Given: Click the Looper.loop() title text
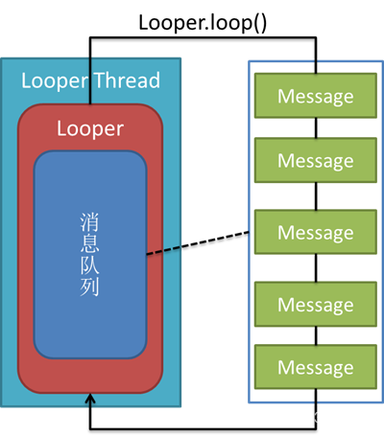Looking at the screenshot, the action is pyautogui.click(x=203, y=24).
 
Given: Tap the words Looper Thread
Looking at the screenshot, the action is pyautogui.click(x=90, y=80).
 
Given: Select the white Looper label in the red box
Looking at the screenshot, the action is pyautogui.click(x=90, y=129).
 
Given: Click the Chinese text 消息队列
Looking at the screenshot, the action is pyautogui.click(x=89, y=255).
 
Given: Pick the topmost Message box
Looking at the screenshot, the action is pyautogui.click(x=316, y=96).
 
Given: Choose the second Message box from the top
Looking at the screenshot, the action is pyautogui.click(x=316, y=160).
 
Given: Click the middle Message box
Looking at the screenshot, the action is pyautogui.click(x=316, y=232).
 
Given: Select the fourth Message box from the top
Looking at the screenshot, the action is pyautogui.click(x=316, y=304).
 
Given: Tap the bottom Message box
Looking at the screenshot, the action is pyautogui.click(x=316, y=367).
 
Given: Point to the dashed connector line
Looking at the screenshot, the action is pyautogui.click(x=198, y=243).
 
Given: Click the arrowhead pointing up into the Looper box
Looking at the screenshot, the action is pyautogui.click(x=90, y=399).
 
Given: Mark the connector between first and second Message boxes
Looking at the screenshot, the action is pyautogui.click(x=316, y=127).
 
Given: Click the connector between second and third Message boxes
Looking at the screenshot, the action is pyautogui.click(x=316, y=196).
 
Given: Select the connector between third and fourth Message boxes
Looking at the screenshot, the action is pyautogui.click(x=316, y=268).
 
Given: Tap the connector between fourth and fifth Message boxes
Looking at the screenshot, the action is pyautogui.click(x=316, y=335).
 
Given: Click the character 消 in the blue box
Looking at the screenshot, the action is pyautogui.click(x=89, y=222).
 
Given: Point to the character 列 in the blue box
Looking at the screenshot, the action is pyautogui.click(x=89, y=287).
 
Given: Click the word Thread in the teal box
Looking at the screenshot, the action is pyautogui.click(x=128, y=80).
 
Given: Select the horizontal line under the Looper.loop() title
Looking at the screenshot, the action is pyautogui.click(x=203, y=38).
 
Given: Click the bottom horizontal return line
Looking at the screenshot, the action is pyautogui.click(x=203, y=428).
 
